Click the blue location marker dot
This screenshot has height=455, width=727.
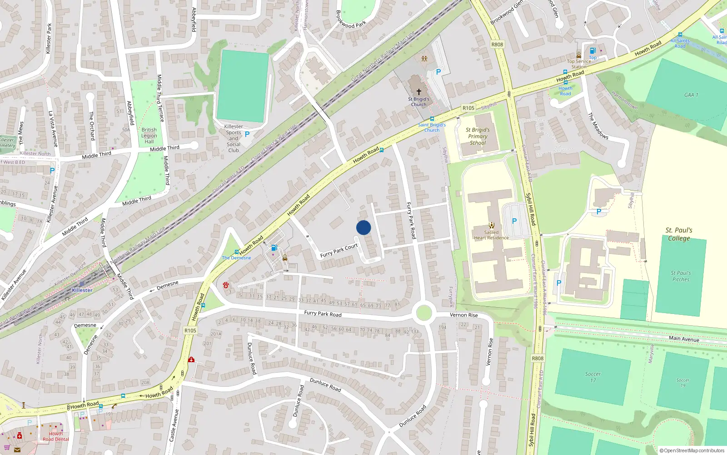point(363,227)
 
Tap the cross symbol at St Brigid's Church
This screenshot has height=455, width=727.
point(419,92)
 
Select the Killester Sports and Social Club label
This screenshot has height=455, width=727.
point(234,138)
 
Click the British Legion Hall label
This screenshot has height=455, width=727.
point(149,136)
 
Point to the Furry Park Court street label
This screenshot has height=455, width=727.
point(339,251)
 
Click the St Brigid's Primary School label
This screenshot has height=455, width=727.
point(478,136)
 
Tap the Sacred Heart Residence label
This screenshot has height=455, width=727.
point(491,235)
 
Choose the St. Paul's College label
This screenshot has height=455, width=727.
point(679,234)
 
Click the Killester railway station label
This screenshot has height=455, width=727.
point(82,290)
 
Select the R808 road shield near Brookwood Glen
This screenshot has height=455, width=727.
point(497,45)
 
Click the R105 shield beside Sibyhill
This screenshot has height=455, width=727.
point(468,108)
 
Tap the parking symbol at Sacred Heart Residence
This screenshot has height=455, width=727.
point(514,221)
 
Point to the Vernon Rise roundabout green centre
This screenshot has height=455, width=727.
point(423,313)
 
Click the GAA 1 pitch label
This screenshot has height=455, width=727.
point(691,95)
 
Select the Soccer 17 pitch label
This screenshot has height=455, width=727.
point(593,377)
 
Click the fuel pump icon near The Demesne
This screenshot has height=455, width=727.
point(274,248)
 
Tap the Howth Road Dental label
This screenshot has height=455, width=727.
point(56,436)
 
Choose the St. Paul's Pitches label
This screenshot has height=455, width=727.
point(681,276)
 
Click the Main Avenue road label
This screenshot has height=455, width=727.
point(684,339)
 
